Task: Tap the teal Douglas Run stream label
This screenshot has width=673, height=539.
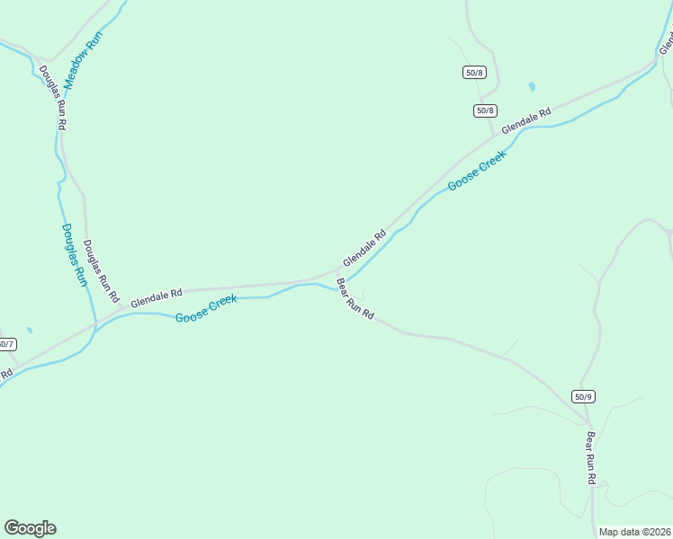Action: click(x=74, y=255)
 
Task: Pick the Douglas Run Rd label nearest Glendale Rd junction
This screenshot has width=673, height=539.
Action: click(x=101, y=270)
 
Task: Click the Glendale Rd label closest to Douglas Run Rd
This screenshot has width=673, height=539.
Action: click(x=157, y=298)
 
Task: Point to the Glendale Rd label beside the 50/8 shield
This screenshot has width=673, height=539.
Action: click(x=526, y=123)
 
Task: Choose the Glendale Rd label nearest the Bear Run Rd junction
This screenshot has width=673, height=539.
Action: click(x=363, y=248)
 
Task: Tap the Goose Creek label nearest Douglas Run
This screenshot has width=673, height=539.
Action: click(x=206, y=309)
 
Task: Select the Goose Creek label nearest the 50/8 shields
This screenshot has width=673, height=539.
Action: click(x=477, y=169)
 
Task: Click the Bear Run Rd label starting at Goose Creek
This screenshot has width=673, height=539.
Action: click(x=354, y=301)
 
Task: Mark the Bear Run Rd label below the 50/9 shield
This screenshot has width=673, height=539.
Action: click(x=591, y=458)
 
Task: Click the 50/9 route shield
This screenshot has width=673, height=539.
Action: click(x=583, y=396)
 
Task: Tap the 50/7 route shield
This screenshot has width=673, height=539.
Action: click(x=6, y=344)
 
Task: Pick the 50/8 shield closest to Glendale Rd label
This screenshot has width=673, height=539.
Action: click(x=484, y=110)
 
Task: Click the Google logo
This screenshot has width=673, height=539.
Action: click(x=30, y=528)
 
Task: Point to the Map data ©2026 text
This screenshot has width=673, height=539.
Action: click(x=634, y=532)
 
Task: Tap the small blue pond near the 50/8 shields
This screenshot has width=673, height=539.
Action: click(x=532, y=87)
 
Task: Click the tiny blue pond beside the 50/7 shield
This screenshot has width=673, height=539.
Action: click(x=30, y=331)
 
